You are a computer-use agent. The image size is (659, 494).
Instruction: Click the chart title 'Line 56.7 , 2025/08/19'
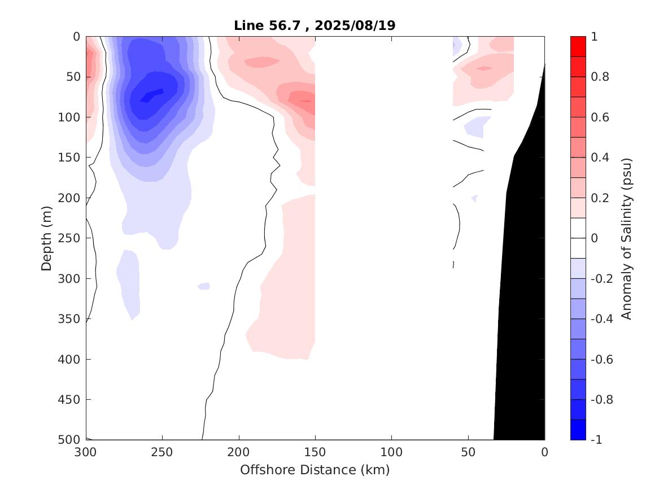[315, 25]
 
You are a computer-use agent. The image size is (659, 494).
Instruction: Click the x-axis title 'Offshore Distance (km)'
[315, 470]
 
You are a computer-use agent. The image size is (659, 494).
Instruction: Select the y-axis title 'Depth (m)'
[47, 238]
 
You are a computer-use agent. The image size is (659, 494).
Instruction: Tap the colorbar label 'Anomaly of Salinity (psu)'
[627, 238]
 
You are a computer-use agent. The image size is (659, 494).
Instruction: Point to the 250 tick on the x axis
[162, 453]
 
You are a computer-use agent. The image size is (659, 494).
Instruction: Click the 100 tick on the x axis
[391, 453]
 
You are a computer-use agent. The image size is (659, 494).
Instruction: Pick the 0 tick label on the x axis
[544, 453]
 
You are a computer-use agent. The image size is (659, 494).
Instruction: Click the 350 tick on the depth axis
[72, 319]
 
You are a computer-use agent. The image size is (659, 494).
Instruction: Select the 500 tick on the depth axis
[72, 440]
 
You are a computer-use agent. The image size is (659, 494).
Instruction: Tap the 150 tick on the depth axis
[72, 158]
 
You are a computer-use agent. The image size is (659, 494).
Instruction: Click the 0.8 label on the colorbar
[600, 77]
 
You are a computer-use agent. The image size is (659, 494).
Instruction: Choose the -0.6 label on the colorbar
[602, 360]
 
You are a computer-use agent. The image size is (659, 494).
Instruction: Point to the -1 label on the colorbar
[598, 440]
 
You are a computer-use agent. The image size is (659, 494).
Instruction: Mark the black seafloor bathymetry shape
[522, 282]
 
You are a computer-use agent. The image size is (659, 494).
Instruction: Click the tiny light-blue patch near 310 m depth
[204, 286]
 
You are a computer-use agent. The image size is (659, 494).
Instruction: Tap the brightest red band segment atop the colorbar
[578, 46]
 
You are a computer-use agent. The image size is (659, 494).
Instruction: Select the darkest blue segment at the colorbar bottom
[578, 430]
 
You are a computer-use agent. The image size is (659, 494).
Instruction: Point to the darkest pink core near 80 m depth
[306, 101]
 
